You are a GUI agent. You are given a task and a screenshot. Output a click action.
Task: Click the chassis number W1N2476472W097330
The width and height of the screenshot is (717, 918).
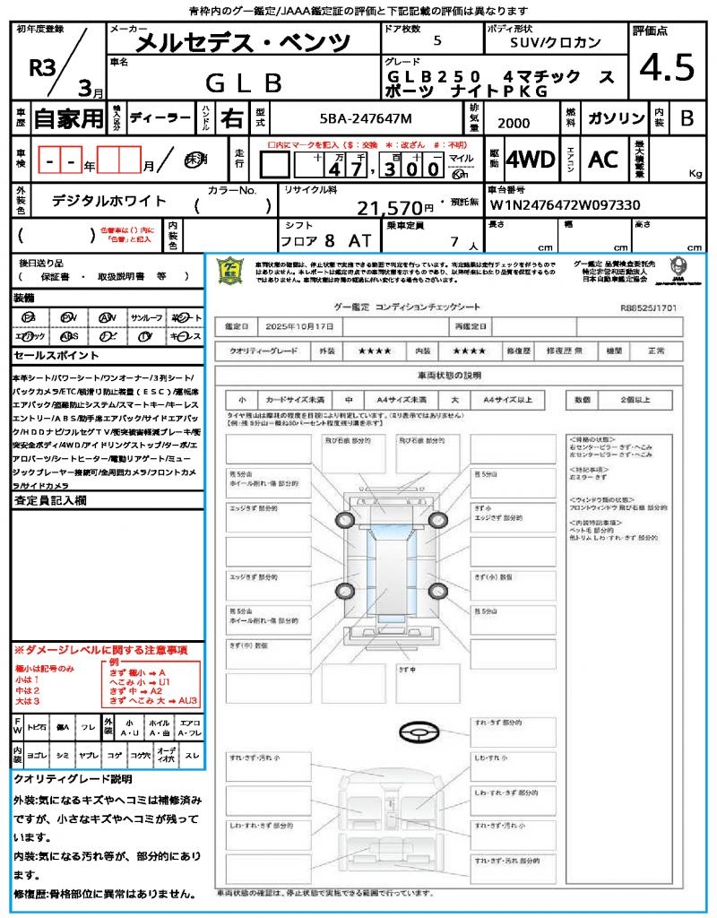tap(565, 204)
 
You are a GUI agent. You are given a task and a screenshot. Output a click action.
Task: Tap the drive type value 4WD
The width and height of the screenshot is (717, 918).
tap(531, 160)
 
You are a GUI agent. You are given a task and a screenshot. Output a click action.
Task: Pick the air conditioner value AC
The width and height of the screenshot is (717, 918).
tap(603, 160)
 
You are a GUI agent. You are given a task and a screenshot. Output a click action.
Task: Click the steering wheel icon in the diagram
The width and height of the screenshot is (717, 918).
tap(417, 736)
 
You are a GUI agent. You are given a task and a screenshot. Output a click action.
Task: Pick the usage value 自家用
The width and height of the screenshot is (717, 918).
tap(69, 118)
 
